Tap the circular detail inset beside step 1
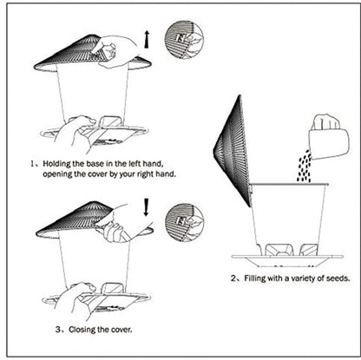[x=183, y=39]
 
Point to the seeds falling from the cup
[x=305, y=167]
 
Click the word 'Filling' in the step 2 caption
[x=257, y=279]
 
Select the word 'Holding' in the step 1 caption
[x=57, y=162]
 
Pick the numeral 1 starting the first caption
[x=33, y=162]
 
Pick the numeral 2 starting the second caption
[x=233, y=279]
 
